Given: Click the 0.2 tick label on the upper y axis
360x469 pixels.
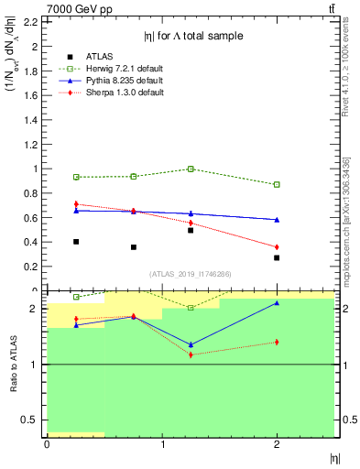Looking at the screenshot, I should pyautogui.click(x=33, y=267).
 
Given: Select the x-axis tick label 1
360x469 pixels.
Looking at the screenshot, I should pyautogui.click(x=162, y=444).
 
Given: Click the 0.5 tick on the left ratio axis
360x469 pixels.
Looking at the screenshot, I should pyautogui.click(x=33, y=420).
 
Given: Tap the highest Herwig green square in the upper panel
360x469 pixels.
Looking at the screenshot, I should pyautogui.click(x=191, y=169).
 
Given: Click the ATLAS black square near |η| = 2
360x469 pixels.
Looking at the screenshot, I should pyautogui.click(x=277, y=257).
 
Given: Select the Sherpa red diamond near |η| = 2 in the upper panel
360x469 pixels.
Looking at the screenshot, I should pyautogui.click(x=277, y=247).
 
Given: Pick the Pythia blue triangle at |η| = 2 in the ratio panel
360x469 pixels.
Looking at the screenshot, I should pyautogui.click(x=277, y=302).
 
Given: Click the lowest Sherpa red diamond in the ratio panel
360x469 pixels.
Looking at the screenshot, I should pyautogui.click(x=191, y=354).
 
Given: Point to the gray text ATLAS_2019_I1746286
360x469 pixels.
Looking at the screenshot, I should pyautogui.click(x=190, y=274).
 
